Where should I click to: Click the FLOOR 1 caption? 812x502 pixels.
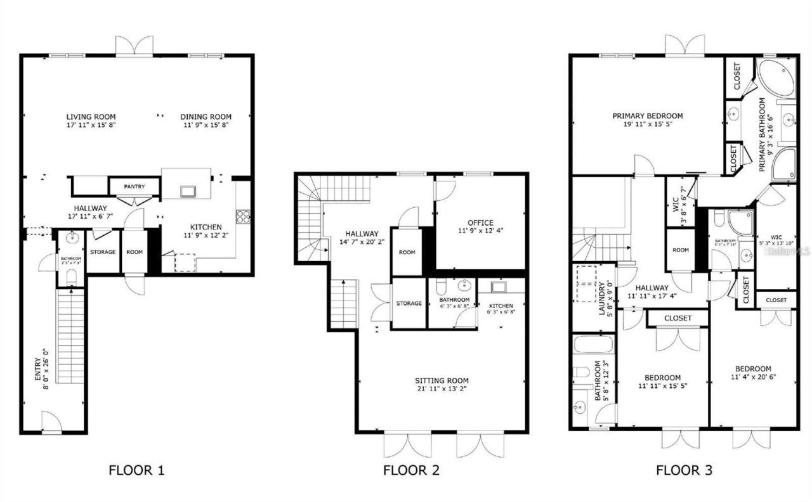(x=136, y=470)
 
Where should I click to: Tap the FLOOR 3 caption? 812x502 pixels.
(x=684, y=470)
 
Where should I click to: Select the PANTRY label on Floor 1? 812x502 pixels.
(x=134, y=186)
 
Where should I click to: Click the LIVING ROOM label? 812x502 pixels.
(x=91, y=117)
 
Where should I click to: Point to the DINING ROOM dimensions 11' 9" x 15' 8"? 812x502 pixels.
(x=206, y=125)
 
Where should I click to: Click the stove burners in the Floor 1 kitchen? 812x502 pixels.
(x=243, y=217)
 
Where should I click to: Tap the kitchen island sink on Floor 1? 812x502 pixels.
(x=188, y=191)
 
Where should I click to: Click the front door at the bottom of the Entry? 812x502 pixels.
(x=52, y=423)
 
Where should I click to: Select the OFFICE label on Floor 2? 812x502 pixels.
(x=480, y=222)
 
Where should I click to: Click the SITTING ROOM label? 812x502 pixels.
(x=442, y=380)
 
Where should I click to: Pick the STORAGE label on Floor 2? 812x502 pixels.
(x=409, y=304)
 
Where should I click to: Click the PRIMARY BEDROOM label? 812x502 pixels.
(x=647, y=116)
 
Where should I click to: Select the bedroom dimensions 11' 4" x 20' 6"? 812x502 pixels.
(x=753, y=377)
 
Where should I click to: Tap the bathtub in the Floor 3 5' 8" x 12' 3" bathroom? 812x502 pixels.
(x=593, y=345)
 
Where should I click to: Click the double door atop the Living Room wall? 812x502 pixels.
(x=134, y=46)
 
